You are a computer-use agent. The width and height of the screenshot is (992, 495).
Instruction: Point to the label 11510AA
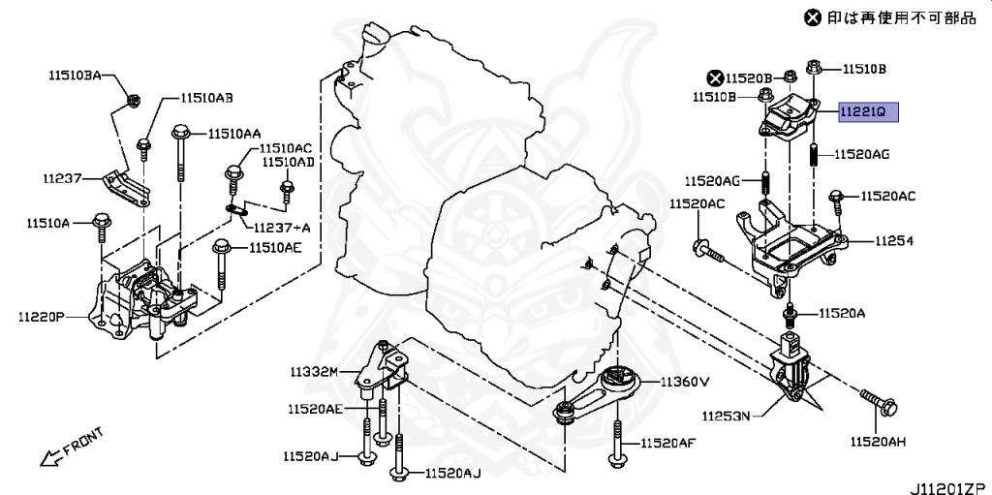232,134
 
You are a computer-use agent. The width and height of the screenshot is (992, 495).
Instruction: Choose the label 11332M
312,372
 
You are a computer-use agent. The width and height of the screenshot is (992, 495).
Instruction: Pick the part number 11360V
685,382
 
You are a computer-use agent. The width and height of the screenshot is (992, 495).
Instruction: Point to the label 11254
895,240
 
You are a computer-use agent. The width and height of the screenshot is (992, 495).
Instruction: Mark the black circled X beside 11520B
715,77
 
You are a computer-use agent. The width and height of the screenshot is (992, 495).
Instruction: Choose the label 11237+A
283,227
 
